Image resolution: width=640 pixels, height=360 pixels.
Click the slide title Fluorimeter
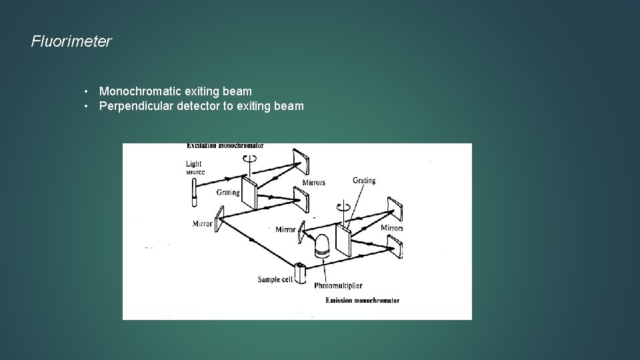point(71,41)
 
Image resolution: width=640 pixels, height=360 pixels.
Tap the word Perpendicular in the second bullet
point(136,106)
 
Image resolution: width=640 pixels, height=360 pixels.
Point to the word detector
point(197,106)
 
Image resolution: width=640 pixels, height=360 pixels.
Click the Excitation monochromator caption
point(225,145)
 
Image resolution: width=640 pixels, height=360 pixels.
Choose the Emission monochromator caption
point(362,301)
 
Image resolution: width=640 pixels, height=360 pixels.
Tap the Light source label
point(195,167)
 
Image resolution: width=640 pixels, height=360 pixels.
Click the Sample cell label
point(275,279)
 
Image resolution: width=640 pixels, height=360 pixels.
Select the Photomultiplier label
point(338,285)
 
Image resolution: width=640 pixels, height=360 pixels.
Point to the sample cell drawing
point(300,273)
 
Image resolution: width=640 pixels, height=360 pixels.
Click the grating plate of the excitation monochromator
point(249,193)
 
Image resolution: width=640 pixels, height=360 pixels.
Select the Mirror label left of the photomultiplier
point(285,229)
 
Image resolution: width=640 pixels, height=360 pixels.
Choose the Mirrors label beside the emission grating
point(391,228)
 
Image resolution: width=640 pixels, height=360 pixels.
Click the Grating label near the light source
point(227,192)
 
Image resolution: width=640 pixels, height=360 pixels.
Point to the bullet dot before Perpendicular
point(87,106)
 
